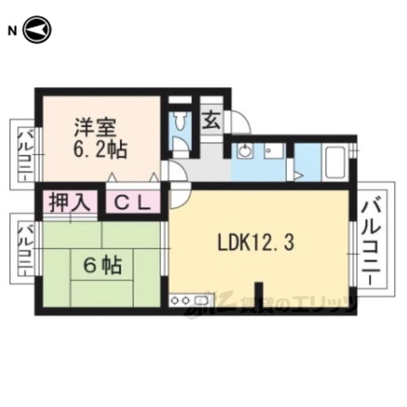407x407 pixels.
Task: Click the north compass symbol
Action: tap(38, 30)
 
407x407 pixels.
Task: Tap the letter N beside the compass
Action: tap(12, 31)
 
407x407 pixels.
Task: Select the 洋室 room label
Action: tap(95, 128)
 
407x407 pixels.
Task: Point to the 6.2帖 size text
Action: tap(100, 150)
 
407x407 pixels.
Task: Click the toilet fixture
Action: tap(179, 120)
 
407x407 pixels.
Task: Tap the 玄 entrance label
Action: tap(212, 120)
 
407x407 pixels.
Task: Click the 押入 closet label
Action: tap(70, 202)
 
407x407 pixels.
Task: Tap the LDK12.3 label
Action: tap(256, 243)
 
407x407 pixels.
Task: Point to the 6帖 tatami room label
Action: tap(102, 266)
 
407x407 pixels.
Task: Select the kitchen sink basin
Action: tap(202, 300)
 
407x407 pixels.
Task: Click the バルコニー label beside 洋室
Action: tap(25, 155)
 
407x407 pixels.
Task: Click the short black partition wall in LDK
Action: tap(259, 294)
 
